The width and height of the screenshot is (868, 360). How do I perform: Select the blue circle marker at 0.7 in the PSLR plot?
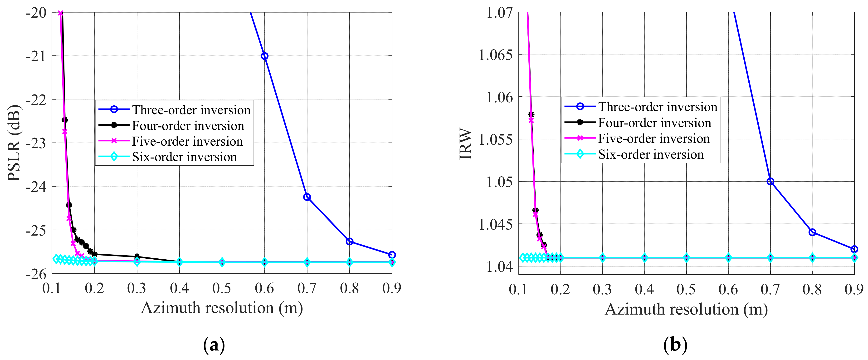pos(307,197)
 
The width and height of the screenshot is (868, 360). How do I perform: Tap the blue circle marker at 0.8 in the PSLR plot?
pos(349,241)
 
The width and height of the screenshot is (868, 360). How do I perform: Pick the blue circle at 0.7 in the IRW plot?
pos(770,181)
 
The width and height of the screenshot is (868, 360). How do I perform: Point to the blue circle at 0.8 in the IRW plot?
pos(812,232)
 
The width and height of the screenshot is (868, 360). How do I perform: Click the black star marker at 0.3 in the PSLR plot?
pos(137,256)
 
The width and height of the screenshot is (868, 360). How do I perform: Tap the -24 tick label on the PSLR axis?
pos(36,186)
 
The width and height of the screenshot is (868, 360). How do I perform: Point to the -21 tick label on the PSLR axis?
pos(36,56)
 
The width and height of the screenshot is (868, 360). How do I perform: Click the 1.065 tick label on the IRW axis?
pos(496,55)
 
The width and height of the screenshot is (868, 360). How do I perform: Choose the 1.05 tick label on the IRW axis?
pos(500,182)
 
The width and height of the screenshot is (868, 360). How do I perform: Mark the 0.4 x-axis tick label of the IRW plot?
pos(644,289)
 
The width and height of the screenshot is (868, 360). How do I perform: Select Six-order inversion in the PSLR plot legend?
pos(184,157)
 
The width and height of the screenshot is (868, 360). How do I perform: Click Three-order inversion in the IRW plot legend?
pos(658,107)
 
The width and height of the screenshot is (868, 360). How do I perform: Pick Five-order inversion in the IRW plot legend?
pos(654,138)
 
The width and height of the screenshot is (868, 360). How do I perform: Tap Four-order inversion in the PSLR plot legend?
pos(188,126)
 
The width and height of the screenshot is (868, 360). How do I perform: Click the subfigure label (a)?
pos(214,345)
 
